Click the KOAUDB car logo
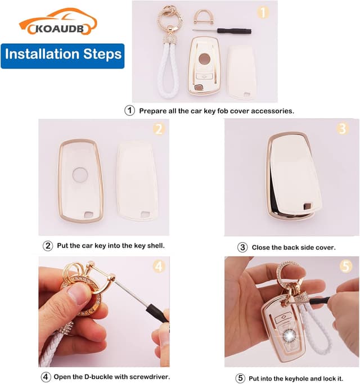[x=58, y=21]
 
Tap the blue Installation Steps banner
[x=62, y=56]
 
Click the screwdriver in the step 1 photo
[x=222, y=31]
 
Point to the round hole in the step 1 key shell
[x=204, y=59]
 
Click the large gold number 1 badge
[x=263, y=12]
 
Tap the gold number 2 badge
[x=159, y=129]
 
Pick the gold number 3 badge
[x=343, y=128]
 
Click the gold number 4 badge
[x=159, y=266]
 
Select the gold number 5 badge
[x=346, y=266]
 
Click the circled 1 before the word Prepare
[x=129, y=110]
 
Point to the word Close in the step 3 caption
[x=260, y=247]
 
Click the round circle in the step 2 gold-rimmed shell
[x=80, y=175]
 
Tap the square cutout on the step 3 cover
[x=307, y=206]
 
